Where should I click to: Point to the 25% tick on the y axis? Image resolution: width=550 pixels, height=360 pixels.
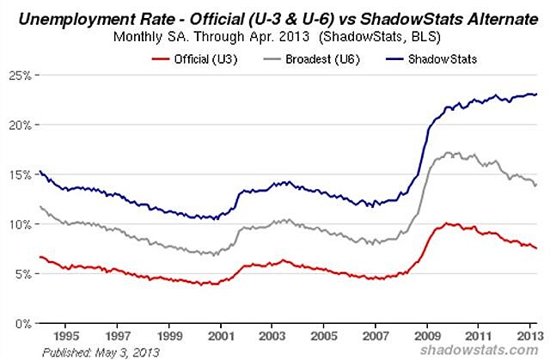21,75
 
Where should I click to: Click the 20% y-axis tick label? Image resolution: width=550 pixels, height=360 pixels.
21,125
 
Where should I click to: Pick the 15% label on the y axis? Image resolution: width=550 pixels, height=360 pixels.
21,174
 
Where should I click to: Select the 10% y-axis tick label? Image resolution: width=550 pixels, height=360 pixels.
21,224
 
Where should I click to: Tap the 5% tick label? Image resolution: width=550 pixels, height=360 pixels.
24,274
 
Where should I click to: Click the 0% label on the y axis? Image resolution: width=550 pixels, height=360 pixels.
24,324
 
